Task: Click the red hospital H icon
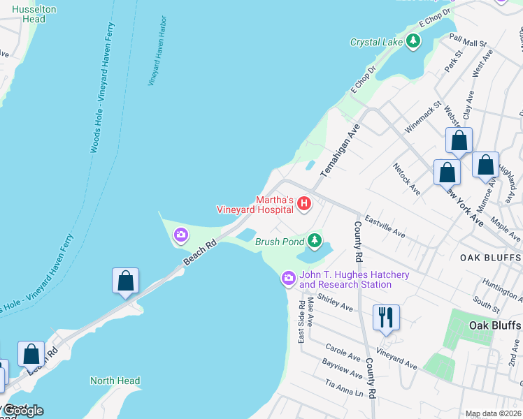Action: (x=304, y=204)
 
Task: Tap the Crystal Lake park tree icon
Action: (x=414, y=42)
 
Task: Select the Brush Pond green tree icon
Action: (x=315, y=242)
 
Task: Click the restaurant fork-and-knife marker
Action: (x=385, y=318)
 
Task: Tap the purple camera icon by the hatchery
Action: (x=288, y=279)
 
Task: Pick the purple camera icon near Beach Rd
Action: (x=181, y=236)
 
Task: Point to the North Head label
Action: (x=115, y=381)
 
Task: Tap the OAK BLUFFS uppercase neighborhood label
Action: (x=490, y=258)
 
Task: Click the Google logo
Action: (x=23, y=411)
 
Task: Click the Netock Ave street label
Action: (x=406, y=179)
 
